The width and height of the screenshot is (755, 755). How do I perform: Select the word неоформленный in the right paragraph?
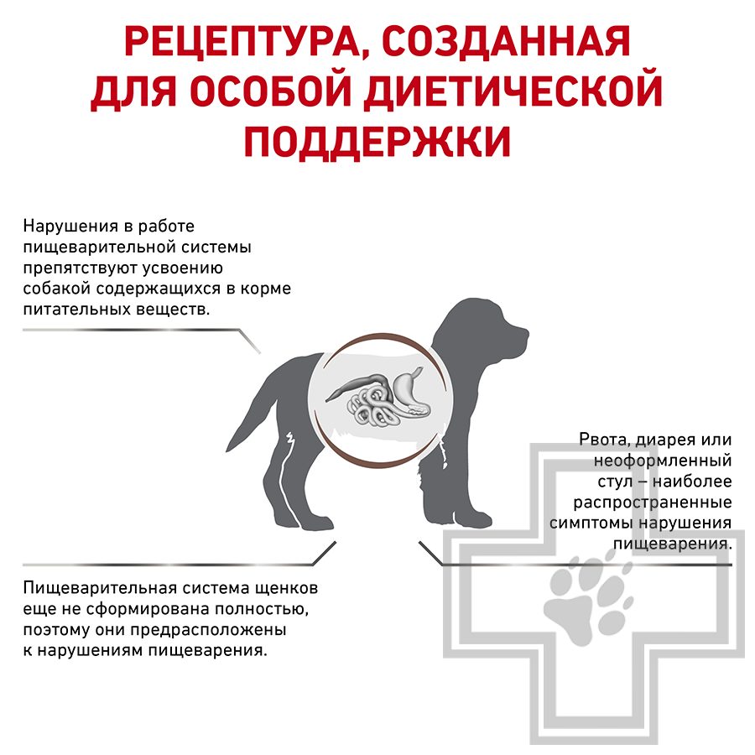click(663, 461)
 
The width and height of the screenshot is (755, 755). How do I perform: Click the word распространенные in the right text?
click(653, 502)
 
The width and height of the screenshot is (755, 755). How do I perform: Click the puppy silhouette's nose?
click(526, 331)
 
